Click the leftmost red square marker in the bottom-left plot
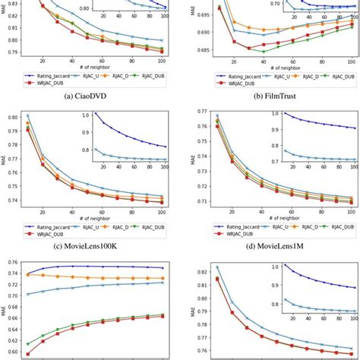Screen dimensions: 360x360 [x=28, y=354]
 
